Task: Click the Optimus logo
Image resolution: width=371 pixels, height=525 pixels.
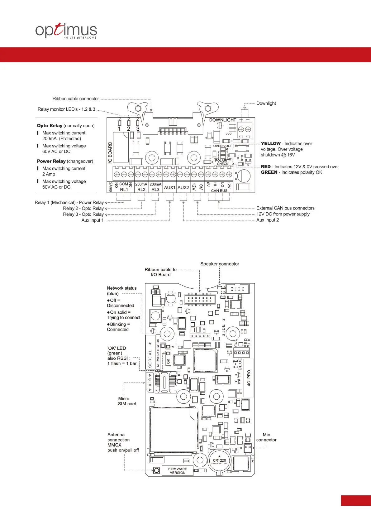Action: [66, 31]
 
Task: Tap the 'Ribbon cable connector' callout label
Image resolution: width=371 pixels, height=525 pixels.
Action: [76, 99]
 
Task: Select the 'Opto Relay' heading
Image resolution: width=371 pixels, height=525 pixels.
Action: [50, 126]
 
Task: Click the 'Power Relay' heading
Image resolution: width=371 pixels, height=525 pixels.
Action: [51, 161]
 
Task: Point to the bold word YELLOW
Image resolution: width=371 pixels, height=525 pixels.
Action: [271, 144]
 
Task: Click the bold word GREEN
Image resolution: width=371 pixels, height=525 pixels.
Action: [269, 172]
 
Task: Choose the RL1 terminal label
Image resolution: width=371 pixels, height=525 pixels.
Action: [124, 190]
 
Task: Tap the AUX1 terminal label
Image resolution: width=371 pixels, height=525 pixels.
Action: [170, 188]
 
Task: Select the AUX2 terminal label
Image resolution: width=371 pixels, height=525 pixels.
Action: [183, 188]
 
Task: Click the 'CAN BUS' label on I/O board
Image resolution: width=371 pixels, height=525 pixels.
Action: [219, 191]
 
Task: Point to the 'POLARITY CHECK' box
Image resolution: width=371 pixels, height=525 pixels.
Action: [223, 162]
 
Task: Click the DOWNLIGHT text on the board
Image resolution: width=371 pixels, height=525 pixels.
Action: [222, 120]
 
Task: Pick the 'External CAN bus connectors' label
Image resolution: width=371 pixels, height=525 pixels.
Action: [285, 208]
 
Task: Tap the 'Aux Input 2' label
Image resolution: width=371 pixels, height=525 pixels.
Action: [268, 220]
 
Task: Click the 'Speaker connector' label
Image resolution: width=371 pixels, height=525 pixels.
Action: [220, 264]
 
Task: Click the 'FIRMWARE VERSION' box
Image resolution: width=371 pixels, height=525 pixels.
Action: [178, 471]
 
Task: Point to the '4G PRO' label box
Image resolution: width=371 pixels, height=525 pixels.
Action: [249, 378]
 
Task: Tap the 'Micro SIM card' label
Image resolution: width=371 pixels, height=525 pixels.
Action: [127, 401]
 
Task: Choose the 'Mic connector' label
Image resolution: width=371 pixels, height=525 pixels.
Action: [266, 437]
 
